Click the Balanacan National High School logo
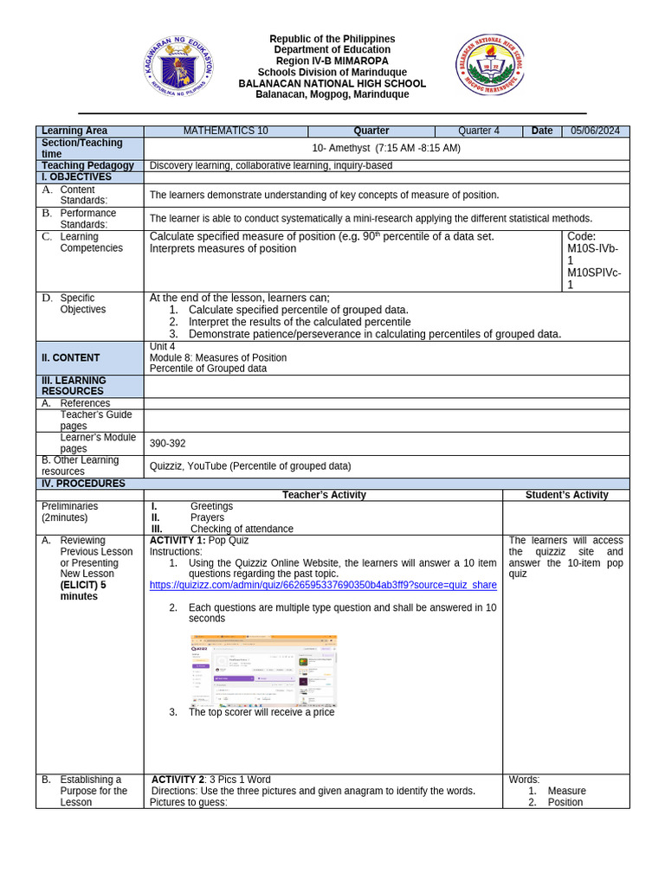pos(490,66)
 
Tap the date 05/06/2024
pos(595,131)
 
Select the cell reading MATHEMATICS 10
pos(226,131)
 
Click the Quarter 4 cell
pos(478,131)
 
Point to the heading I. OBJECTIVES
pos(77,177)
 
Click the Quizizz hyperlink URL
pos(323,585)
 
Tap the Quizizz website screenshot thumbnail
pos(263,670)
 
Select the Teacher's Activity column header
pos(324,495)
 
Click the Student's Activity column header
pos(566,495)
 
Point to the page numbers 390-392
pos(167,443)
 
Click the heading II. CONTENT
pos(71,357)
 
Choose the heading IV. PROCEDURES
pos(84,483)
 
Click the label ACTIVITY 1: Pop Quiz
pos(199,540)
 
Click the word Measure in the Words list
pos(566,791)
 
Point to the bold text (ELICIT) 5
pos(83,585)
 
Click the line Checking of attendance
pos(242,529)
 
